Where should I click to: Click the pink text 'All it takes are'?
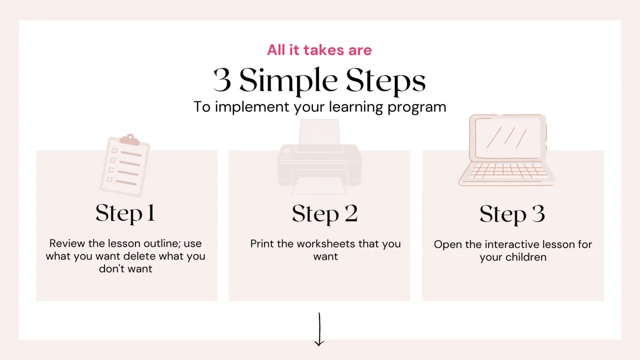[319, 50]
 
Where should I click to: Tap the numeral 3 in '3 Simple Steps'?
[222, 81]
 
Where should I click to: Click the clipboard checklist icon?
[125, 165]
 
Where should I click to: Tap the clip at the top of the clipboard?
[130, 139]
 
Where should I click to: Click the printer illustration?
[319, 157]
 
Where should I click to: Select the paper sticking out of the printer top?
[319, 133]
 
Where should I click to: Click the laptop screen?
[508, 138]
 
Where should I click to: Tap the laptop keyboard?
[508, 171]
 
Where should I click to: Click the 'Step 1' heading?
[125, 213]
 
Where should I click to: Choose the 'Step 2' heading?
[325, 214]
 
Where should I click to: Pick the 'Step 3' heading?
[513, 214]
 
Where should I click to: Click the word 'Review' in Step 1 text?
[67, 243]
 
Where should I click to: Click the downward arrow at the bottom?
[319, 330]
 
